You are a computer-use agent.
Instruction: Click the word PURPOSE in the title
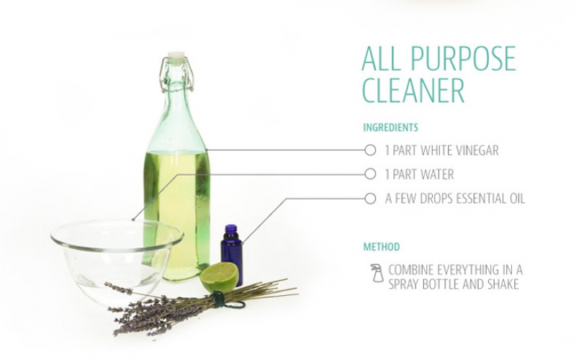(x=463, y=58)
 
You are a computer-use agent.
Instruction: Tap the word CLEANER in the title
(x=413, y=90)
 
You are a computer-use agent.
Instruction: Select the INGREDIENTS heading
(x=390, y=127)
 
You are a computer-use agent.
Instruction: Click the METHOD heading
(x=382, y=246)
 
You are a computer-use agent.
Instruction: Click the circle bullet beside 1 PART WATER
(x=370, y=174)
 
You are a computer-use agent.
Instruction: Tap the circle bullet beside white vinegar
(x=370, y=150)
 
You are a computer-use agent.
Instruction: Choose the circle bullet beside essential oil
(x=370, y=199)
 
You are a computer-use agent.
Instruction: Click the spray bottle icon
(x=377, y=273)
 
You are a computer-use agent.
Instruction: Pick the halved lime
(x=220, y=276)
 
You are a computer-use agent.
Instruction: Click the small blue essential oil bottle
(x=231, y=256)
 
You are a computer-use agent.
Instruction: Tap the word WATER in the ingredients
(x=437, y=174)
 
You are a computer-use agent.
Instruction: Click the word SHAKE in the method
(x=500, y=284)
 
